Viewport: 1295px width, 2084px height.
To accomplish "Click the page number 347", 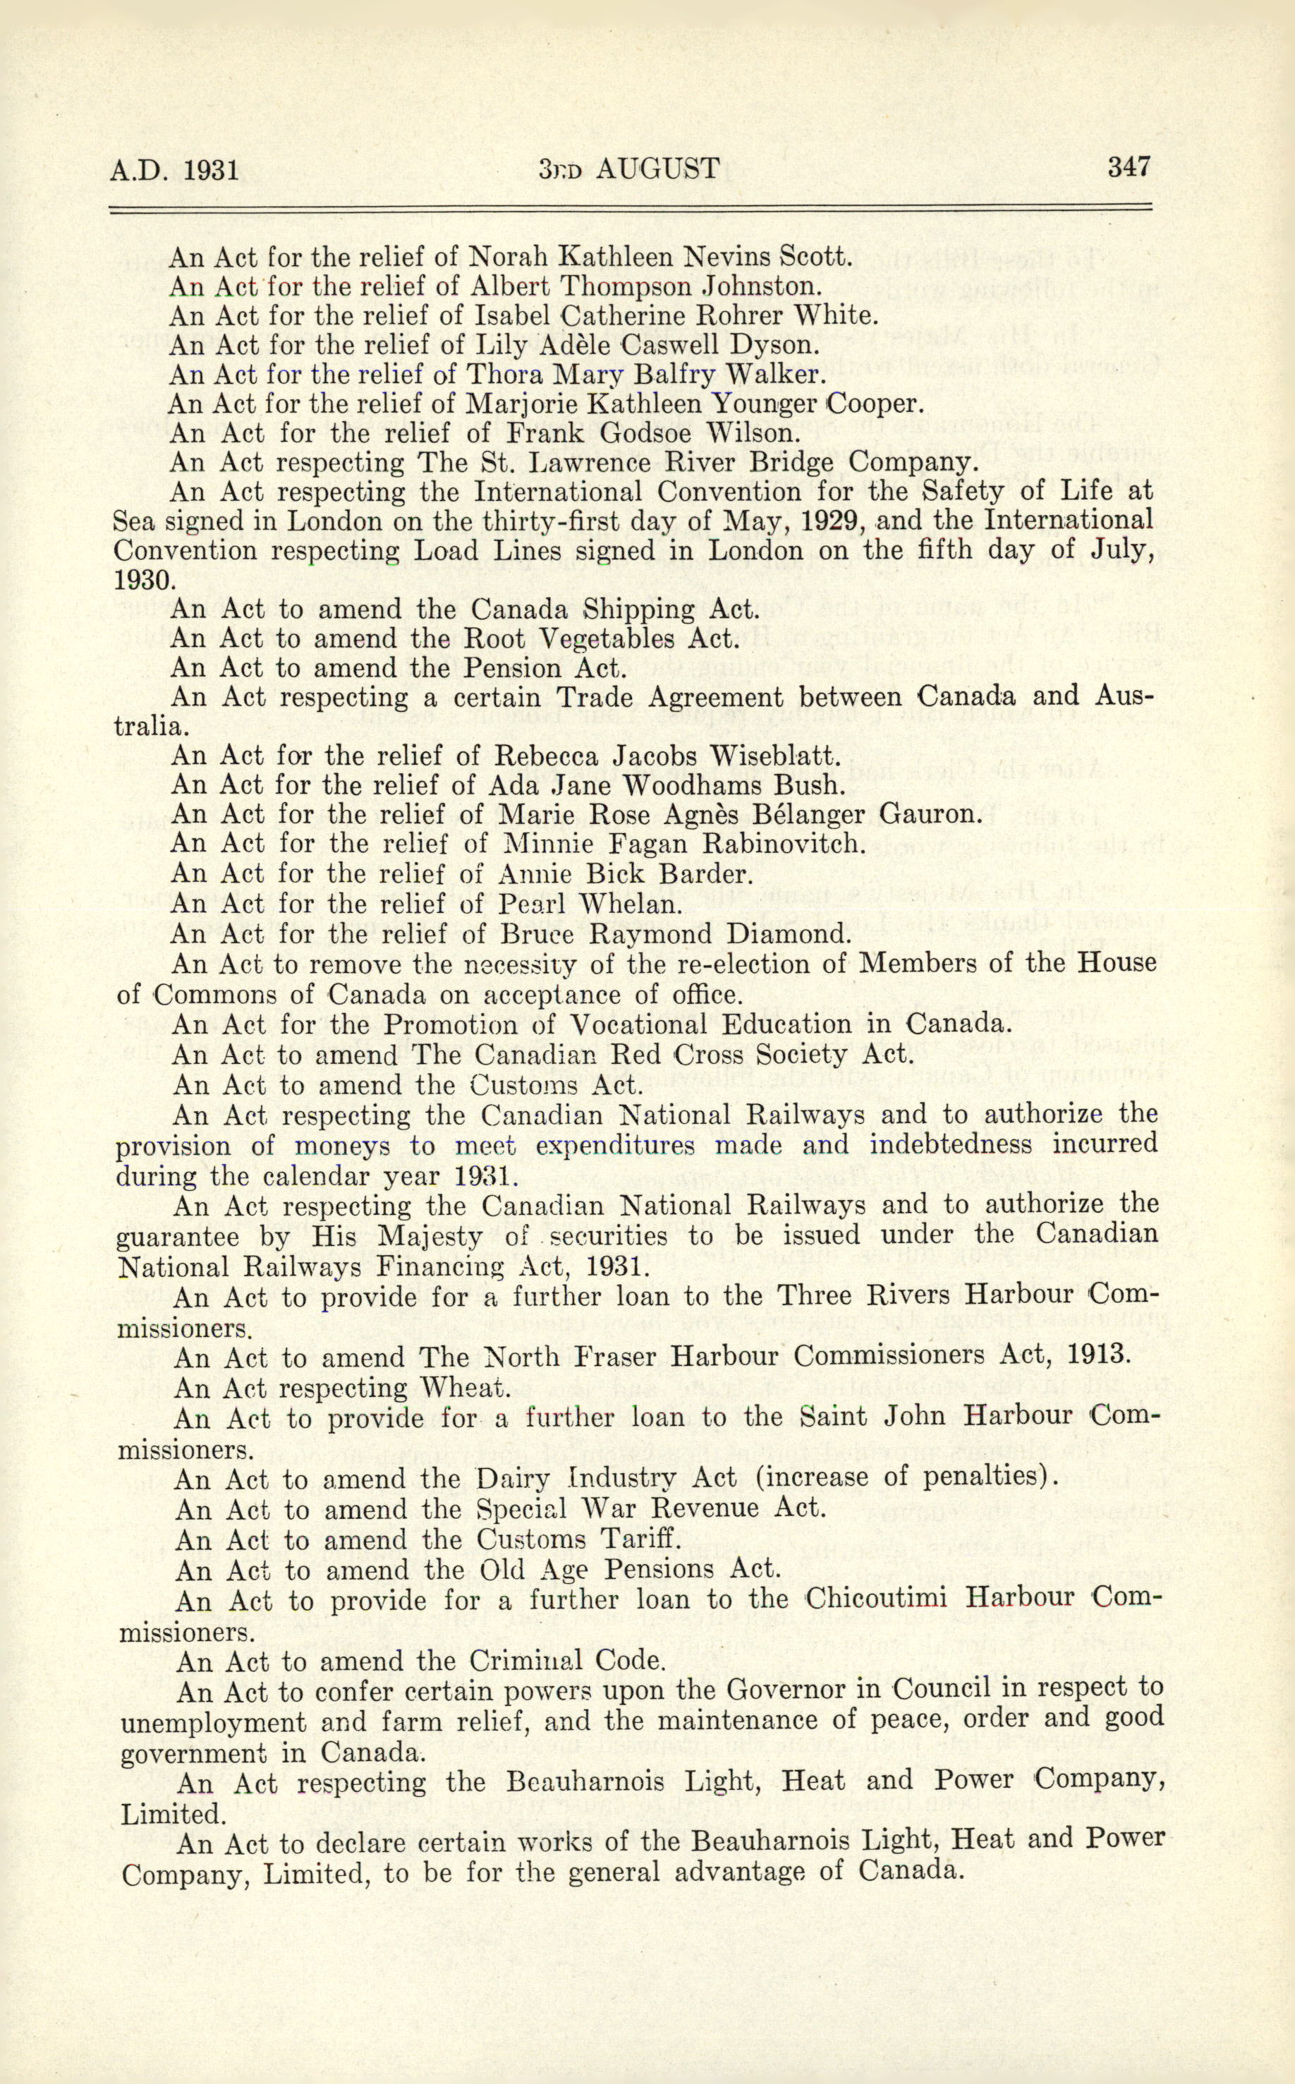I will tap(1128, 166).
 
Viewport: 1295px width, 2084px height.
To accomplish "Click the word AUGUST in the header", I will tap(657, 169).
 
